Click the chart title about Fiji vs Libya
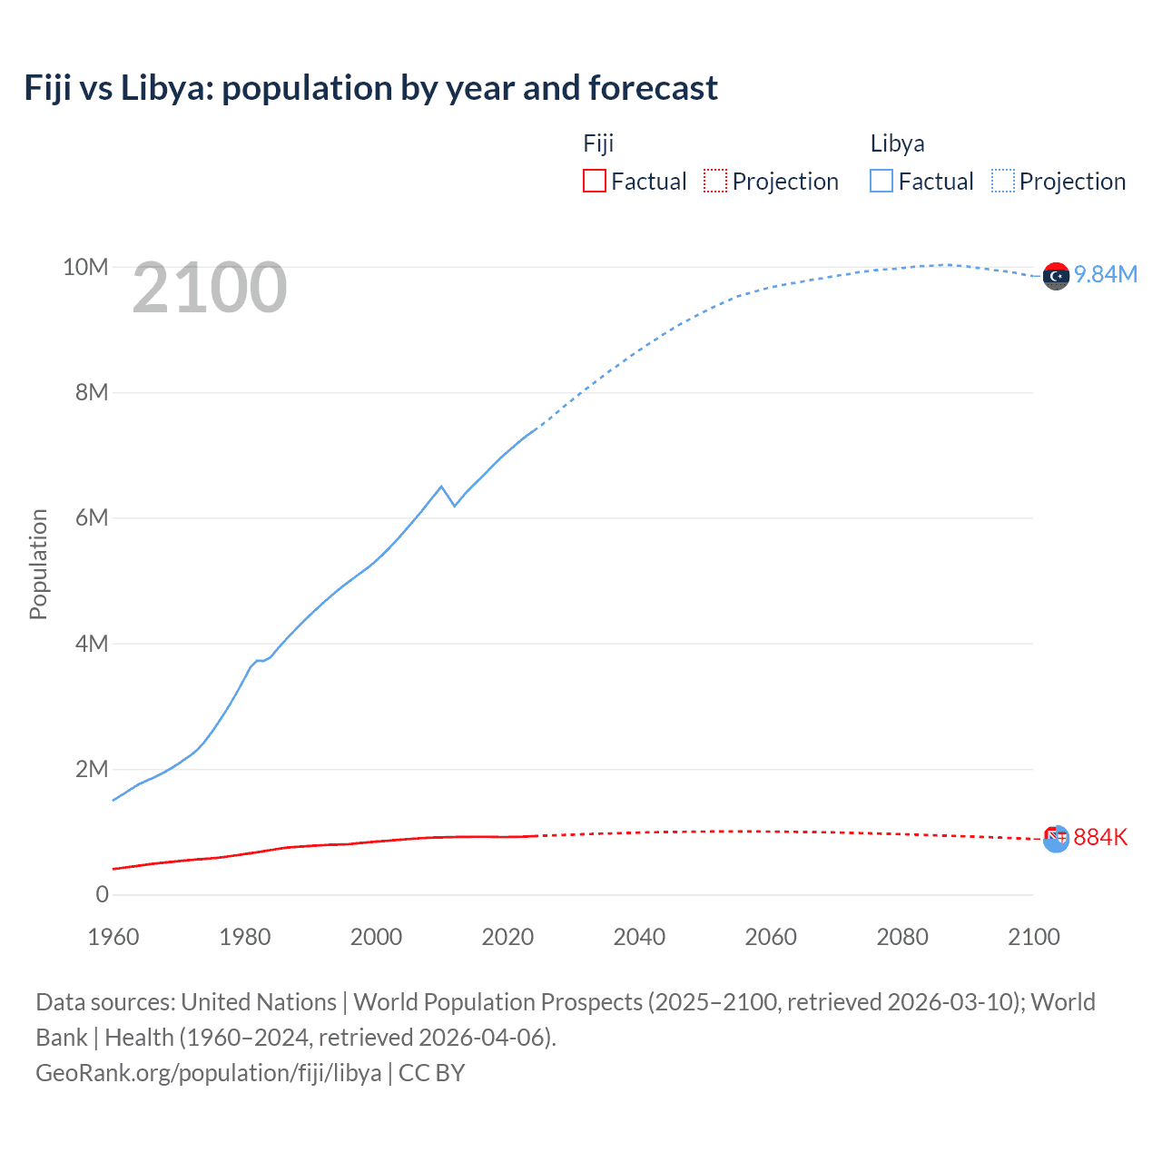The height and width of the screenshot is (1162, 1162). tap(370, 88)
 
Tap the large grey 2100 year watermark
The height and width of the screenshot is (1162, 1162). tap(210, 288)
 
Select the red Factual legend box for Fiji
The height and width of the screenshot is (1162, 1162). tap(594, 181)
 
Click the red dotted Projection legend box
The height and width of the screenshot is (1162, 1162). tap(715, 181)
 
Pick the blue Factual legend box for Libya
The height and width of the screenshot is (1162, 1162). tap(881, 181)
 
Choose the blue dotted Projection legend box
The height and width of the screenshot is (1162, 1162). tap(1002, 181)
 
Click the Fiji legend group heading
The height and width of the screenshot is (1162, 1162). tap(598, 143)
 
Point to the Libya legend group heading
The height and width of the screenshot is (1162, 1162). tap(897, 143)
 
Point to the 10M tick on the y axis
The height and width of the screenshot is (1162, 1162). tap(85, 267)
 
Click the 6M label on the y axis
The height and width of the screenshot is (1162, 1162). tap(92, 517)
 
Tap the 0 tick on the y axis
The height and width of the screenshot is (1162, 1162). tap(102, 894)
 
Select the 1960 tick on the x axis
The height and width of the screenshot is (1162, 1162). tap(113, 937)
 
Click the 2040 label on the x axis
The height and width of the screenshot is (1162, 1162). tap(639, 937)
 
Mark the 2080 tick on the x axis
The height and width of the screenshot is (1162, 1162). tap(902, 937)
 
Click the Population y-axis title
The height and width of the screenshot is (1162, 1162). tap(38, 564)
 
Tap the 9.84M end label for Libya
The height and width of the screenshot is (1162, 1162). tap(1105, 274)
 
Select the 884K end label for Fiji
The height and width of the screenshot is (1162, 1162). tap(1100, 837)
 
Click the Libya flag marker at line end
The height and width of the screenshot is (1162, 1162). tap(1056, 276)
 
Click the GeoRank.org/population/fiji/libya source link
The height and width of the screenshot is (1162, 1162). tap(209, 1073)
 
